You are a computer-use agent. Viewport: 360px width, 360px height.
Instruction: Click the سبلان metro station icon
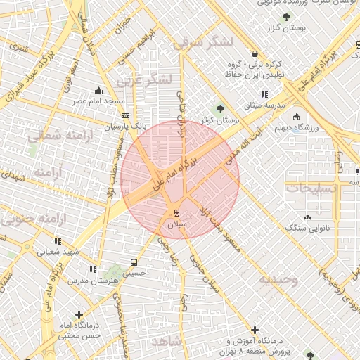(x=176, y=212)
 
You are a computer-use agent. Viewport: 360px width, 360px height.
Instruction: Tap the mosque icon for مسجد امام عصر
(x=99, y=90)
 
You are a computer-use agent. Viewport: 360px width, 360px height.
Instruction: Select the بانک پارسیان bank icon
(x=125, y=116)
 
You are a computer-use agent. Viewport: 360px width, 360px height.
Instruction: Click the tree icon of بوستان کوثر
(x=221, y=109)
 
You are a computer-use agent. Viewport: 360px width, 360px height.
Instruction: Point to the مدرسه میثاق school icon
(x=264, y=94)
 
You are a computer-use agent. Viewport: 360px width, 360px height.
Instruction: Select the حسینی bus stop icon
(x=134, y=262)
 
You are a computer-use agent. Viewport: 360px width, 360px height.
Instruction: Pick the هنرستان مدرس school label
(x=91, y=281)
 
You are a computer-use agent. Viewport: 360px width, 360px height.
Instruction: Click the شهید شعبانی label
(x=58, y=252)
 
